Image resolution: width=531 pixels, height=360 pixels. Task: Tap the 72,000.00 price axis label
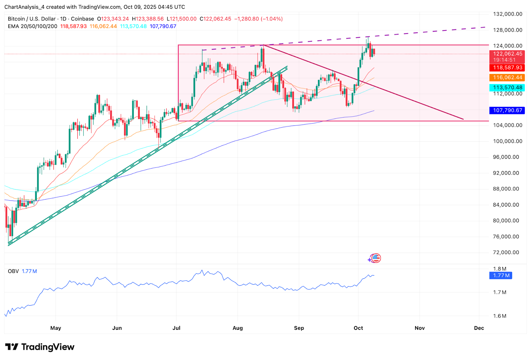(x=506, y=252)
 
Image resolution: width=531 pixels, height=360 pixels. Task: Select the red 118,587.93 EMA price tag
(x=507, y=68)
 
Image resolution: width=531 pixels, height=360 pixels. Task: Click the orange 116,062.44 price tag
(x=507, y=78)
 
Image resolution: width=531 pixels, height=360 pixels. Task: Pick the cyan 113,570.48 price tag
(x=507, y=88)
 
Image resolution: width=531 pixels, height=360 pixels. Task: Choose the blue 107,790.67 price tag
(x=507, y=110)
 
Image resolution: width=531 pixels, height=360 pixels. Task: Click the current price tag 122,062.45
(x=507, y=54)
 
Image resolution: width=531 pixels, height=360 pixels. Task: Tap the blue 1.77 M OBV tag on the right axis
(x=501, y=276)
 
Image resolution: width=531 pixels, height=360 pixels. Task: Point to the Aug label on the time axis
(x=238, y=328)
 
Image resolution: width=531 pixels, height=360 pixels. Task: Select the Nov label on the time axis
(x=419, y=328)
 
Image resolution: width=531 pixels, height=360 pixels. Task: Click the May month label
(x=56, y=328)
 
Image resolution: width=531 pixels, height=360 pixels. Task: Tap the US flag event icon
(x=376, y=258)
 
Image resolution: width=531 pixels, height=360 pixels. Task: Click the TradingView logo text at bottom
(x=47, y=347)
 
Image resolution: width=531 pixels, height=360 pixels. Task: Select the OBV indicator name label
(x=13, y=271)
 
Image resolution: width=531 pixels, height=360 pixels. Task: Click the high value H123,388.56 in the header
(x=148, y=19)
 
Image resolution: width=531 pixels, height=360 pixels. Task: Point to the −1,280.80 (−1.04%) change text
(x=259, y=19)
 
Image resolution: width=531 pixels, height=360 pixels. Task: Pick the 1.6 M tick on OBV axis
(x=499, y=316)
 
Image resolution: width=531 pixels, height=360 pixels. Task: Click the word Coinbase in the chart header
(x=82, y=19)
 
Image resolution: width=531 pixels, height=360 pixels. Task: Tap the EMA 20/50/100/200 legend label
(x=33, y=26)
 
